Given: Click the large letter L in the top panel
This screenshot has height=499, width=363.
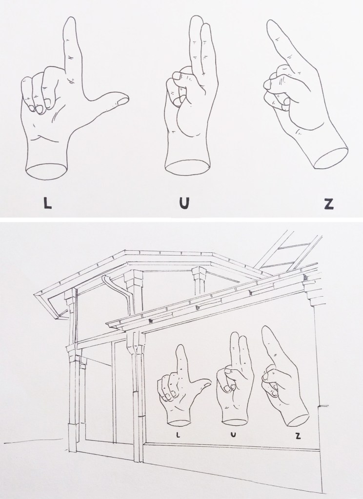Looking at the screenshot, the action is (x=47, y=203).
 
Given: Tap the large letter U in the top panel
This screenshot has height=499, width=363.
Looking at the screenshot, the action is (x=184, y=203).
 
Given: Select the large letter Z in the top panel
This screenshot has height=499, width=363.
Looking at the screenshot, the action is (x=329, y=203).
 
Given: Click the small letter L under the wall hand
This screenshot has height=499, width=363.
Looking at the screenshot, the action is (x=178, y=435).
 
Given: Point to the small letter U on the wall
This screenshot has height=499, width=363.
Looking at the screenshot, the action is (x=233, y=435).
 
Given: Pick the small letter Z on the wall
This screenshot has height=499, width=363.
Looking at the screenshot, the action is (x=298, y=436).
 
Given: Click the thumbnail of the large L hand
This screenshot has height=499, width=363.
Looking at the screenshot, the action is (x=122, y=101).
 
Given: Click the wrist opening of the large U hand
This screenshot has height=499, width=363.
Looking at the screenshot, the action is (x=188, y=168).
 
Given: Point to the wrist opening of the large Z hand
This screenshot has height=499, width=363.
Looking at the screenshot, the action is (x=331, y=158).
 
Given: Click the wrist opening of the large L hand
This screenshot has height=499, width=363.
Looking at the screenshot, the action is (x=46, y=171).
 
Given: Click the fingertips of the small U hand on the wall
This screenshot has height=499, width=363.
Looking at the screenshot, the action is (x=239, y=336).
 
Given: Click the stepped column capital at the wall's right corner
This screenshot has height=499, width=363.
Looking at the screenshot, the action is (x=314, y=292).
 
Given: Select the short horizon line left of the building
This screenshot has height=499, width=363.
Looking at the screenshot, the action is (x=34, y=440).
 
